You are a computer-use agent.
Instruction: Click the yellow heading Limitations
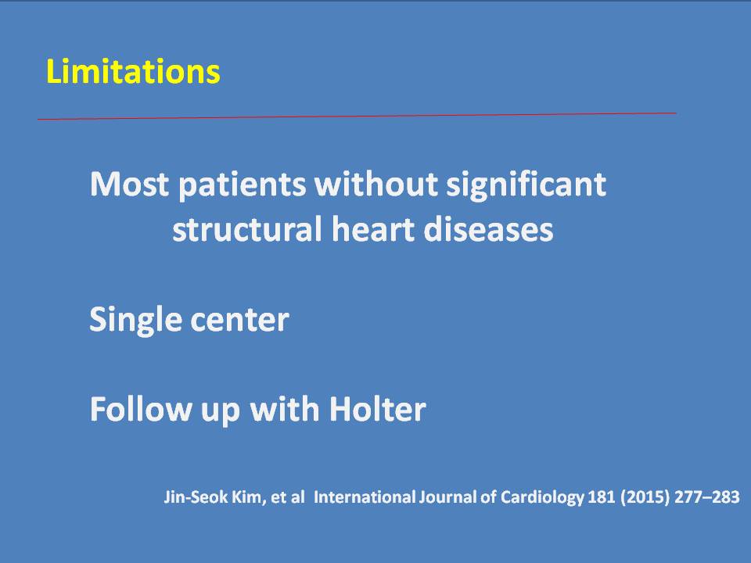(x=133, y=71)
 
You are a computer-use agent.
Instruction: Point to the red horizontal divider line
(x=357, y=116)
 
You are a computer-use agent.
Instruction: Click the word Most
(x=129, y=184)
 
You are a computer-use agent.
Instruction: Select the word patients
(x=242, y=185)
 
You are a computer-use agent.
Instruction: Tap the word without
(x=376, y=184)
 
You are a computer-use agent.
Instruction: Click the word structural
(x=247, y=229)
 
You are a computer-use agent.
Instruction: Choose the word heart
(x=373, y=229)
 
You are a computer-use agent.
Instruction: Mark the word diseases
(x=488, y=229)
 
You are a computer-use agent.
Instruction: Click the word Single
(x=136, y=321)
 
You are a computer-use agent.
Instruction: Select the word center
(x=240, y=321)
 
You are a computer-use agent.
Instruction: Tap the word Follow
(x=141, y=409)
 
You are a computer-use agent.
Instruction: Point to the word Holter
(x=377, y=409)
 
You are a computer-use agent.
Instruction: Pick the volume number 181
(x=601, y=497)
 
